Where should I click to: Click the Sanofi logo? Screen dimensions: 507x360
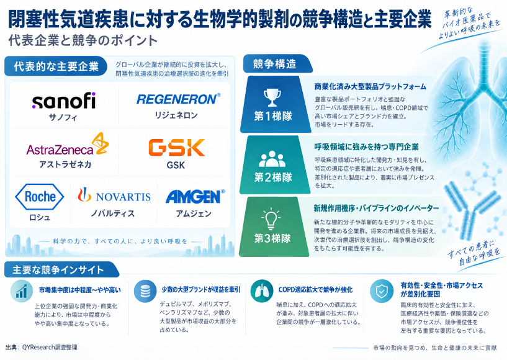tap(64, 101)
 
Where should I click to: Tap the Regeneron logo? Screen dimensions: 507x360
tap(178, 99)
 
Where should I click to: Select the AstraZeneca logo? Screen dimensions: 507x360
tap(68, 145)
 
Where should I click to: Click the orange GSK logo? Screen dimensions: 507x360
tap(176, 148)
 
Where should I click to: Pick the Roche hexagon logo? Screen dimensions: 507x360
tap(40, 196)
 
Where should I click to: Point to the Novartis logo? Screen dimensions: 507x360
tap(114, 195)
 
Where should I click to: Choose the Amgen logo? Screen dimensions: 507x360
tap(195, 196)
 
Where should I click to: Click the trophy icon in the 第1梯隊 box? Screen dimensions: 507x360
tap(272, 97)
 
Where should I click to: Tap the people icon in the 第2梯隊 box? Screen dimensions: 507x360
tap(272, 159)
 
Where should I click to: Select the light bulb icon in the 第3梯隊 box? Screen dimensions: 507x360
tap(271, 219)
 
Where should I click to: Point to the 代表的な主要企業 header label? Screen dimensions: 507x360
tap(56, 66)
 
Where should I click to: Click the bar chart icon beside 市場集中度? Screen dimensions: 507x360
tap(22, 291)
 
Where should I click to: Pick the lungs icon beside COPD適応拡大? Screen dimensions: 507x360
tap(262, 291)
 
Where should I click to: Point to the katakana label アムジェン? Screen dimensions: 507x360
tap(194, 214)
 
